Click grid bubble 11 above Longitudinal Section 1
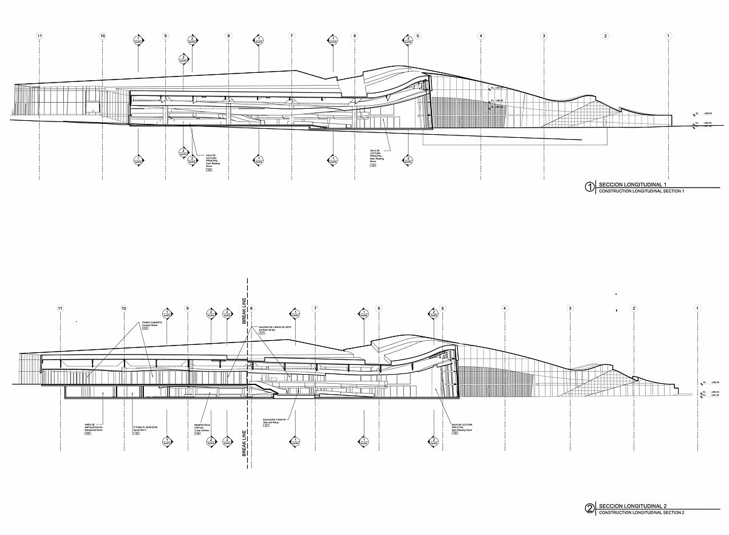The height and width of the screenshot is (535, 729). tap(39, 36)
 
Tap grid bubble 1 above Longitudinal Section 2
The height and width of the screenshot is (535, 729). tap(697, 308)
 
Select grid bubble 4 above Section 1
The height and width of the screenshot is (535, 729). tap(481, 36)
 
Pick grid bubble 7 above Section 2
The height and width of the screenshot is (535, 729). tap(315, 308)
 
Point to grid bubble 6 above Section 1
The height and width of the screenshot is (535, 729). tap(354, 36)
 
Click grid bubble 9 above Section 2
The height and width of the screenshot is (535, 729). tap(188, 308)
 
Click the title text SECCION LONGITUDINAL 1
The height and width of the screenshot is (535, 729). tap(632, 184)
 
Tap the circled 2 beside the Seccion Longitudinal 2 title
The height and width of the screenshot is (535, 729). tap(589, 509)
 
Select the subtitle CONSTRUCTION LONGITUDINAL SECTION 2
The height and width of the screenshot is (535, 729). tap(642, 513)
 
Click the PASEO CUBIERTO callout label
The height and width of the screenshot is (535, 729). tap(152, 322)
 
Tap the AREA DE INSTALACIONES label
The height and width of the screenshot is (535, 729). tap(94, 427)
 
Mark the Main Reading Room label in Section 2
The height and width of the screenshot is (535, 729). tap(462, 427)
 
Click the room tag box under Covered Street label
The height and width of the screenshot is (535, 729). tap(145, 329)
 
